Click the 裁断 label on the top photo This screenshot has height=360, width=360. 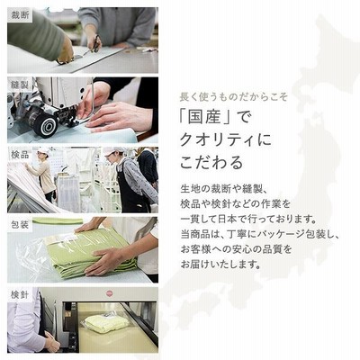pyautogui.click(x=20, y=14)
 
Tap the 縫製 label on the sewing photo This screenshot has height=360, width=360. pyautogui.click(x=20, y=85)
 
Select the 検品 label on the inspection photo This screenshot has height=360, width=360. pyautogui.click(x=20, y=155)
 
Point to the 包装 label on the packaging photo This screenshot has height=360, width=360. pyautogui.click(x=20, y=225)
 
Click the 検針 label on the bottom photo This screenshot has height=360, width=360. pyautogui.click(x=20, y=295)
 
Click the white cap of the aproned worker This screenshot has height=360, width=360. pyautogui.click(x=112, y=150)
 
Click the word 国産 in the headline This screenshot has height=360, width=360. pyautogui.click(x=203, y=118)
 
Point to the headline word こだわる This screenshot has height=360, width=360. pyautogui.click(x=211, y=162)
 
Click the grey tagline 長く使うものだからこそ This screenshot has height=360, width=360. pyautogui.click(x=234, y=97)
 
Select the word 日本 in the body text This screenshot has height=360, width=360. pyautogui.click(x=228, y=219)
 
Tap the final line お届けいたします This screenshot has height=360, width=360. pyautogui.click(x=220, y=264)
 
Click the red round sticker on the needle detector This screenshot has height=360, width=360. pyautogui.click(x=108, y=292)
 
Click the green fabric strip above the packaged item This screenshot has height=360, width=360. pyautogui.click(x=58, y=221)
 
